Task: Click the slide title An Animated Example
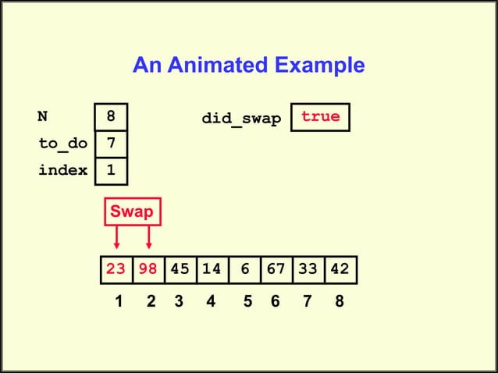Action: [248, 66]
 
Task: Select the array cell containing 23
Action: [116, 270]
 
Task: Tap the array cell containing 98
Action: [148, 270]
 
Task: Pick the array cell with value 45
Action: [180, 270]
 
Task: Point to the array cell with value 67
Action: [276, 270]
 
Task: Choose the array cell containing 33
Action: [308, 270]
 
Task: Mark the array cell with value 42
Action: [340, 270]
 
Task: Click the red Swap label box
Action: [132, 211]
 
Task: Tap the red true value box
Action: [321, 117]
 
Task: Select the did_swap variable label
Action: [241, 119]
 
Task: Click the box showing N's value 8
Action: [112, 117]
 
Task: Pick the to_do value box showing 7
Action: [112, 144]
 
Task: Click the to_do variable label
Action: [62, 144]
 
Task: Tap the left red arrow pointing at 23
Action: [116, 237]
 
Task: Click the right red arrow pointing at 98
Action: [148, 237]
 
